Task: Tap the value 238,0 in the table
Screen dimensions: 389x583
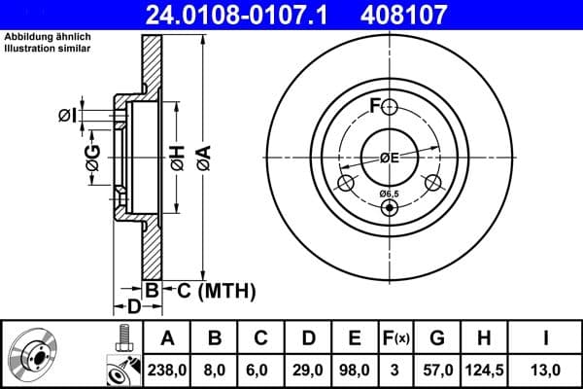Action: [167, 370]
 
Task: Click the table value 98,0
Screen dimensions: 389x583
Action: [355, 370]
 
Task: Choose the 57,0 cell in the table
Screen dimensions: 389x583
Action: [437, 370]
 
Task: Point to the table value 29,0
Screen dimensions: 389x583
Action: [309, 370]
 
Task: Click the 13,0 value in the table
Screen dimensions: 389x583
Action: [546, 370]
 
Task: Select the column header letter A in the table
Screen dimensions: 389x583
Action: [167, 338]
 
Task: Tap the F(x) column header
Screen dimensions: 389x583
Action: [396, 338]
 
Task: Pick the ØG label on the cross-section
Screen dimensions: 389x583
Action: [92, 158]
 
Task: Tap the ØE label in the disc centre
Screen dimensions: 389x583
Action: [390, 158]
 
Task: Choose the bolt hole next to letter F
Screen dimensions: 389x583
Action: [390, 107]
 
